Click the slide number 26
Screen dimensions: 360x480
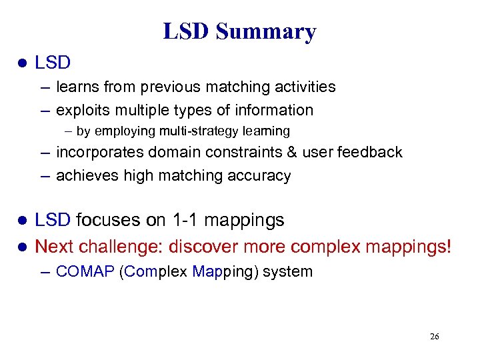coord(434,337)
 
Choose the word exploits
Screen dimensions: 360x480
coord(81,110)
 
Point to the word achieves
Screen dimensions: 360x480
coord(84,176)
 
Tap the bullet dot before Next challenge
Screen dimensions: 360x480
coord(21,247)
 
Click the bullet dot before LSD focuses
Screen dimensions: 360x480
coord(21,221)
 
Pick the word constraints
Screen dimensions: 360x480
coord(239,152)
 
